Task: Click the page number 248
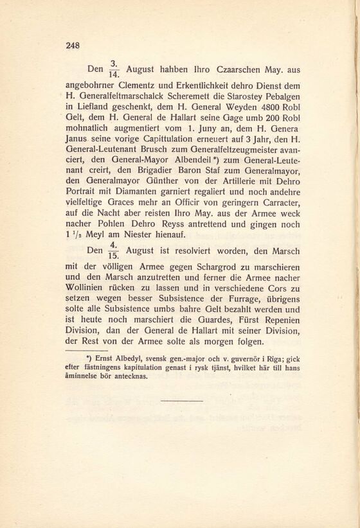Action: pyautogui.click(x=72, y=45)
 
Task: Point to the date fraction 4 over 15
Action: pyautogui.click(x=113, y=250)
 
